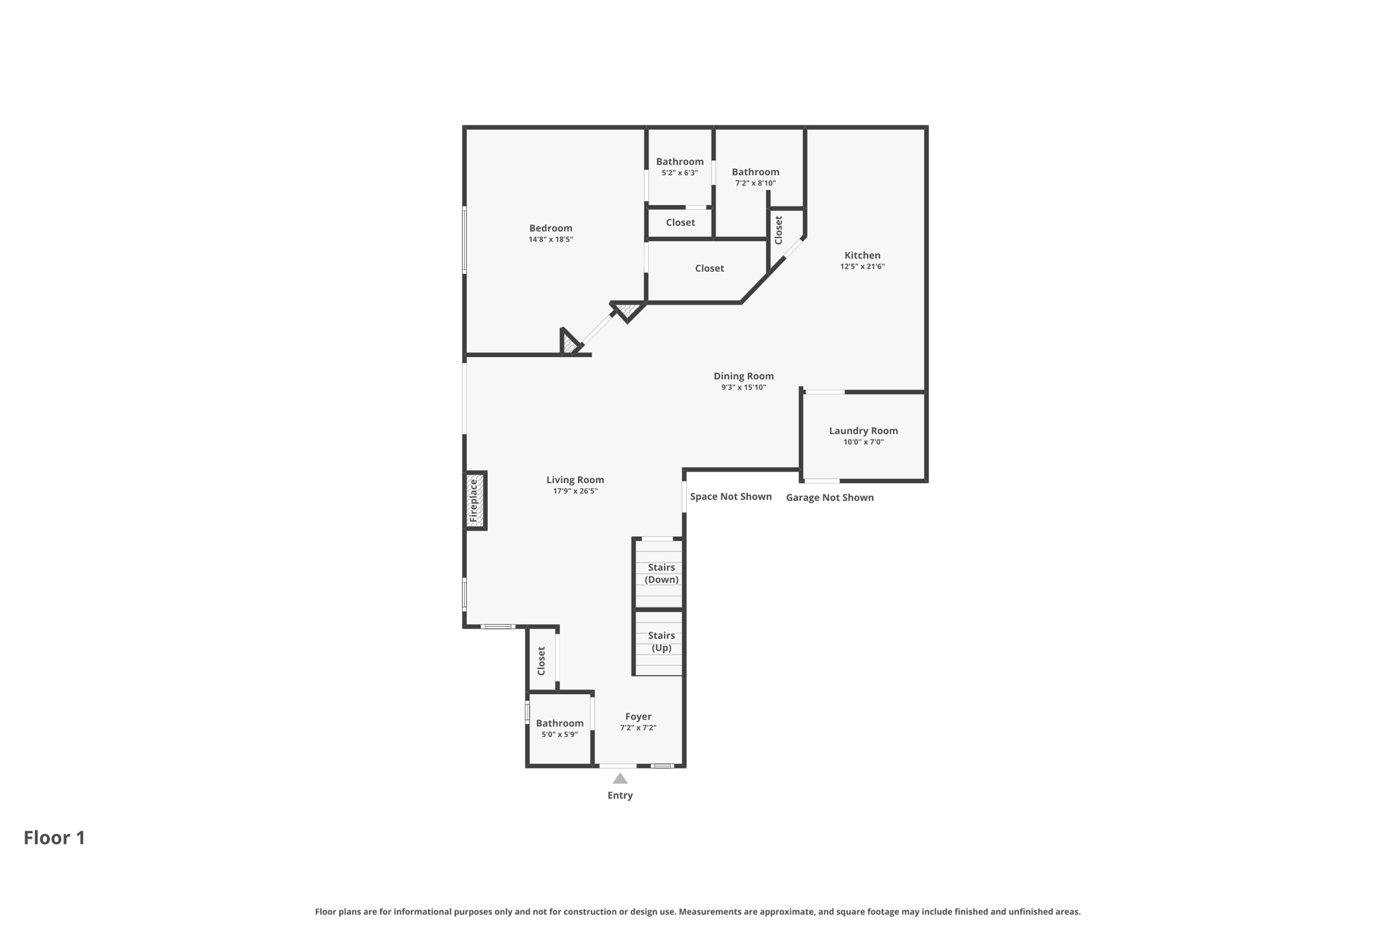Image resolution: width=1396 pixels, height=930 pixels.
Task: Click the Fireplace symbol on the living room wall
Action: tap(475, 501)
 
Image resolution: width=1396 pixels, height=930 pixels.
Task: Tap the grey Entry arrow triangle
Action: tap(620, 779)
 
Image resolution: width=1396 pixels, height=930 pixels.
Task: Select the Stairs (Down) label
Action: tap(661, 574)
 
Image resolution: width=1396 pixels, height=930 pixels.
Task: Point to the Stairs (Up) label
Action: tap(661, 642)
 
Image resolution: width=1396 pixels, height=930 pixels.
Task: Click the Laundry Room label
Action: tap(863, 431)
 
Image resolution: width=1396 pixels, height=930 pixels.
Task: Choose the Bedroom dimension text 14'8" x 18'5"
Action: tap(551, 240)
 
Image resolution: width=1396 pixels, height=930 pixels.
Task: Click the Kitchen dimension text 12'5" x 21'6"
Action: tap(862, 267)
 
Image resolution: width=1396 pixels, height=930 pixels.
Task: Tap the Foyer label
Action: tap(638, 717)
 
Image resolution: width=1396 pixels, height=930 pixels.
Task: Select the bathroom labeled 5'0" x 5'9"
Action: tap(560, 724)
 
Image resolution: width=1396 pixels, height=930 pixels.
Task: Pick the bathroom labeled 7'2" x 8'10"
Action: tap(755, 172)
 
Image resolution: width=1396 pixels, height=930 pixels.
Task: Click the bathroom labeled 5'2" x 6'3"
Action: tap(680, 162)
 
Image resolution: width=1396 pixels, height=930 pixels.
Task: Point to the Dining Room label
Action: tap(743, 376)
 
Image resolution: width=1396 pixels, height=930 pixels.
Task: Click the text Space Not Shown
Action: tap(731, 497)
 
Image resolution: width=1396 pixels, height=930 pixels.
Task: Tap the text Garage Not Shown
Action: tap(830, 498)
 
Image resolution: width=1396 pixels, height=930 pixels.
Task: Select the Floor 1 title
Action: tap(55, 838)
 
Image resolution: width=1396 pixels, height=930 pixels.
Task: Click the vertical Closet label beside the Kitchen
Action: tap(778, 230)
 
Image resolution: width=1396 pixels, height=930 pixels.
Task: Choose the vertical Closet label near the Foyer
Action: tap(541, 661)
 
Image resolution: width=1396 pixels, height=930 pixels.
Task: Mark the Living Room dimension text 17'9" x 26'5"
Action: tap(575, 491)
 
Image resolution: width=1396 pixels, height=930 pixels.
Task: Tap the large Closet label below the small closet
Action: tap(709, 268)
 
